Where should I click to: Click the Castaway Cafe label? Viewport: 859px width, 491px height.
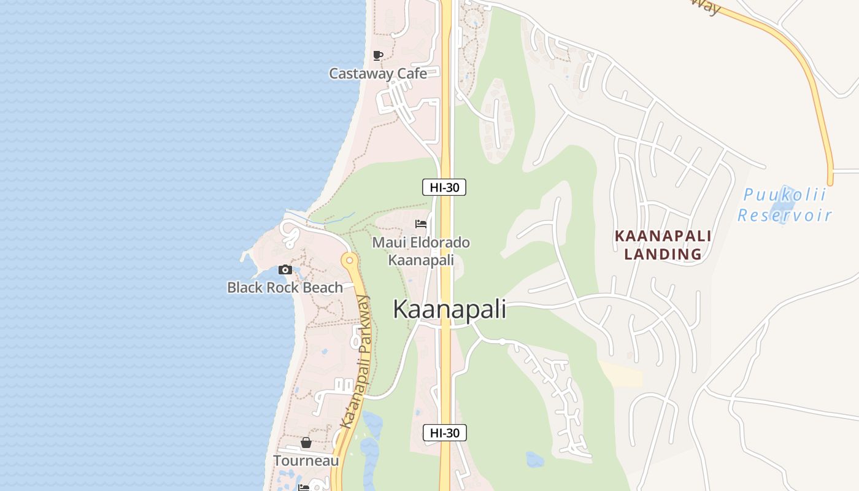point(378,74)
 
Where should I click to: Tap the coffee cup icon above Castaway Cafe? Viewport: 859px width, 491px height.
point(378,55)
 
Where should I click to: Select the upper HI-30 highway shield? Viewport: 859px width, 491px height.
point(444,187)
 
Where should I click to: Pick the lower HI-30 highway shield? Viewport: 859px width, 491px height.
point(445,433)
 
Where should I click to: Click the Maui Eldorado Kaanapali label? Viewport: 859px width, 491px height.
point(421,251)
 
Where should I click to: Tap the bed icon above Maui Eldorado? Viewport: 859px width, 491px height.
point(421,223)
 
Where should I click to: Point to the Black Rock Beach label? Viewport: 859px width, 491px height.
point(285,287)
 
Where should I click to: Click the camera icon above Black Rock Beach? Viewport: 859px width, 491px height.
point(285,269)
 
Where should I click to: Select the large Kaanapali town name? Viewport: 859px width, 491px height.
point(450,309)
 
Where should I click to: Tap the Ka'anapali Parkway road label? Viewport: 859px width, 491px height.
point(356,362)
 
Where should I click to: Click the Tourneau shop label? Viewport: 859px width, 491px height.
point(306,460)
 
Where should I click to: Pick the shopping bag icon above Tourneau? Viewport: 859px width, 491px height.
point(306,443)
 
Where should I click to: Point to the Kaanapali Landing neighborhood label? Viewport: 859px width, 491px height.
point(663,245)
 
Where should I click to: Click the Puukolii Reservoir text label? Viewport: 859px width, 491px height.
point(785,206)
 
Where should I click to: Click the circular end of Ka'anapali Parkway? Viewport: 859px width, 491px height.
point(350,260)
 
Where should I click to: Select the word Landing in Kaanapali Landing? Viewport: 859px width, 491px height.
point(663,253)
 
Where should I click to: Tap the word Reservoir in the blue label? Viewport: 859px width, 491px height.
point(785,215)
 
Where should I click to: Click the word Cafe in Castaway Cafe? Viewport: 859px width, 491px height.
point(411,74)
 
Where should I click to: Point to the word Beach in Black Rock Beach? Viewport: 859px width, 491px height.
point(323,287)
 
